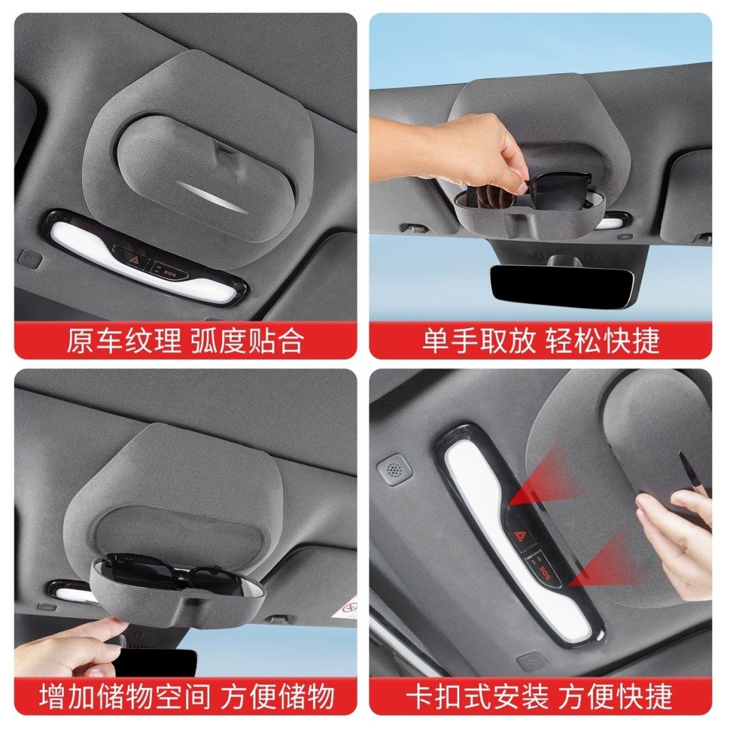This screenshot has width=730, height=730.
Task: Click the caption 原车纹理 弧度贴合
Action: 185,341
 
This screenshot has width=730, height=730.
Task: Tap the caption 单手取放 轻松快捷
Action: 541,341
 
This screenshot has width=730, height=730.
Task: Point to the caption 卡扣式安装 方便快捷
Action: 540,696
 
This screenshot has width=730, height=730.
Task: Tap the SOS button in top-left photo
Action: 168,272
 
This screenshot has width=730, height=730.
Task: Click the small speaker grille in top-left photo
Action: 30,259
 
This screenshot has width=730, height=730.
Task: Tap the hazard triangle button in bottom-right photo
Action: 520,535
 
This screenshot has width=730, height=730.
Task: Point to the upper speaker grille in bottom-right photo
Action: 394,471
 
